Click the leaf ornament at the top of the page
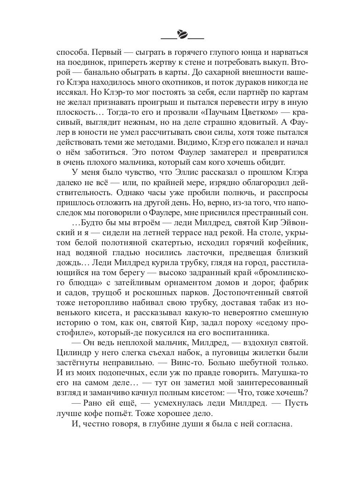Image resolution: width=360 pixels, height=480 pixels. pyautogui.click(x=182, y=35)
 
